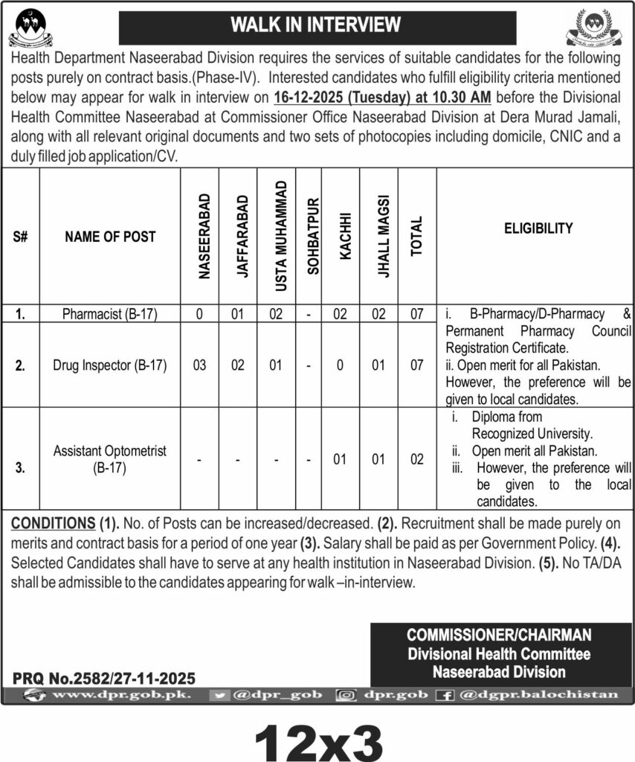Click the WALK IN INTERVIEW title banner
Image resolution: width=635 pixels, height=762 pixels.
click(x=317, y=25)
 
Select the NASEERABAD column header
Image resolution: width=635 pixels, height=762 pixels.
click(x=201, y=237)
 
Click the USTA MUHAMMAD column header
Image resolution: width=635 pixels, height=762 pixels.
click(x=276, y=237)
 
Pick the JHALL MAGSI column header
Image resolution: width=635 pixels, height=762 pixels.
click(x=379, y=237)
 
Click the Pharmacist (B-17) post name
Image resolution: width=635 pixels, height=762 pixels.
click(x=110, y=314)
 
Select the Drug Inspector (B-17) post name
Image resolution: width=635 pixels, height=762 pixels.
click(x=110, y=365)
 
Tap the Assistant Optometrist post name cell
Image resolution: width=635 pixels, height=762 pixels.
click(x=110, y=459)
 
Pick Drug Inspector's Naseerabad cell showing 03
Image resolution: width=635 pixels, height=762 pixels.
click(x=201, y=365)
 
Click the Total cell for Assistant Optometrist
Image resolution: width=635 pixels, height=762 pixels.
click(x=417, y=459)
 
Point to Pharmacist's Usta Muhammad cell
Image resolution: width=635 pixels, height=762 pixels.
click(x=276, y=314)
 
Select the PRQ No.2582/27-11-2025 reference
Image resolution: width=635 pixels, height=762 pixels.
click(x=104, y=678)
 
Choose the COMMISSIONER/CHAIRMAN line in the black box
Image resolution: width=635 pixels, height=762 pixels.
click(x=499, y=636)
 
